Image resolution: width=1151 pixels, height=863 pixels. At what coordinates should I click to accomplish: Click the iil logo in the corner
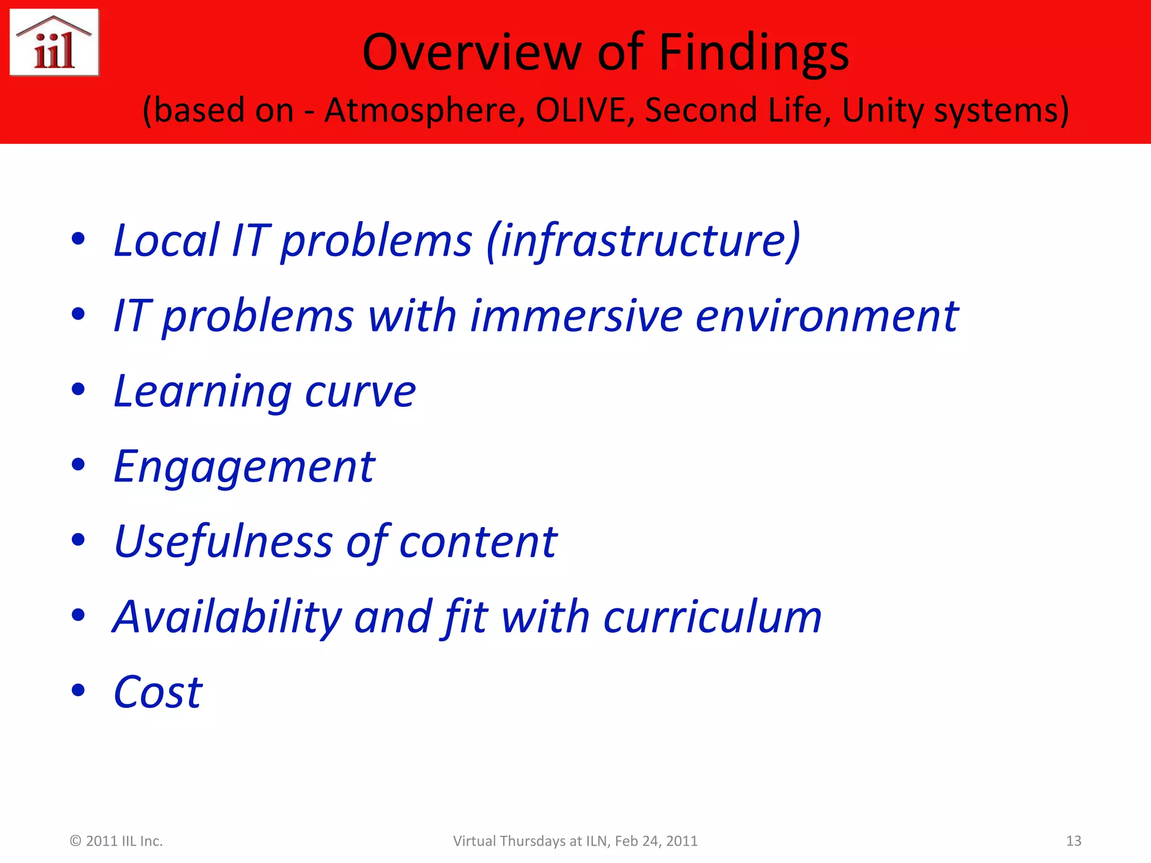click(x=55, y=43)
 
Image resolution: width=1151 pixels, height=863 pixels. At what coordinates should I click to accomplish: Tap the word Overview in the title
click(x=471, y=53)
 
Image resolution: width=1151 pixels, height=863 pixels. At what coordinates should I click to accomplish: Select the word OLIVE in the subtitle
click(x=581, y=110)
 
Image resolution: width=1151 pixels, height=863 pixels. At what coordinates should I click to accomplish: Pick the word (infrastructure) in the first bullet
click(x=644, y=240)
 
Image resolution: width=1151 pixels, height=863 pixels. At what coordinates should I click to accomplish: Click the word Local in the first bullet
click(x=166, y=240)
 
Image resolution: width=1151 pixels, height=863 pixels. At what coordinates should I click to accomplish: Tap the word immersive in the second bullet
click(x=576, y=316)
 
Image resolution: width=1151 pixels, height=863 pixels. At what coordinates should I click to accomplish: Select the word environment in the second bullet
click(x=827, y=316)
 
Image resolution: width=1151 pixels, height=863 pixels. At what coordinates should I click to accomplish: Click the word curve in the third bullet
click(x=360, y=392)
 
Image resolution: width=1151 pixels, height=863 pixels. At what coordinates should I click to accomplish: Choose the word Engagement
click(x=244, y=467)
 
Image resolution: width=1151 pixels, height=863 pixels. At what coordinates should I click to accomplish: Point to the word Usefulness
click(x=223, y=542)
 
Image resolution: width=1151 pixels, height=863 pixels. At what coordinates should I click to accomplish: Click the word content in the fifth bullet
click(x=478, y=543)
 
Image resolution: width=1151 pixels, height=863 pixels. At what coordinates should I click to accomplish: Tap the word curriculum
click(x=713, y=617)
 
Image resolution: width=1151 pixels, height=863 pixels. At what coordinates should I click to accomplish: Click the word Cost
click(x=158, y=692)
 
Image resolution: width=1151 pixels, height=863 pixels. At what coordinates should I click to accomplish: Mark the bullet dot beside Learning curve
click(x=78, y=389)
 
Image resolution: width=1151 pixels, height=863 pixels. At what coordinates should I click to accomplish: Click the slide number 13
click(x=1073, y=841)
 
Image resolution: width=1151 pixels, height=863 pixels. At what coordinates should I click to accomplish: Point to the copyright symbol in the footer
click(x=75, y=841)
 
